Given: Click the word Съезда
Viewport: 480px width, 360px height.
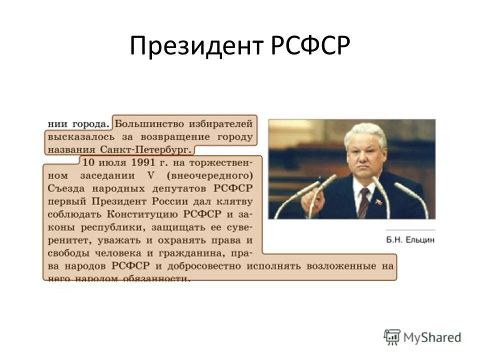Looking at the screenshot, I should (64, 188).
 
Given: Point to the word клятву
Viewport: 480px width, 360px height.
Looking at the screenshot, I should (235, 201).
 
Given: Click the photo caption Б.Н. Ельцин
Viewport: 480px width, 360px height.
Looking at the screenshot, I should (410, 240).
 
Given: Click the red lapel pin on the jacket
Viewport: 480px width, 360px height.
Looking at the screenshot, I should (378, 202).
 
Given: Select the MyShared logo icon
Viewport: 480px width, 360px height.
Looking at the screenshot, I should (392, 337).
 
